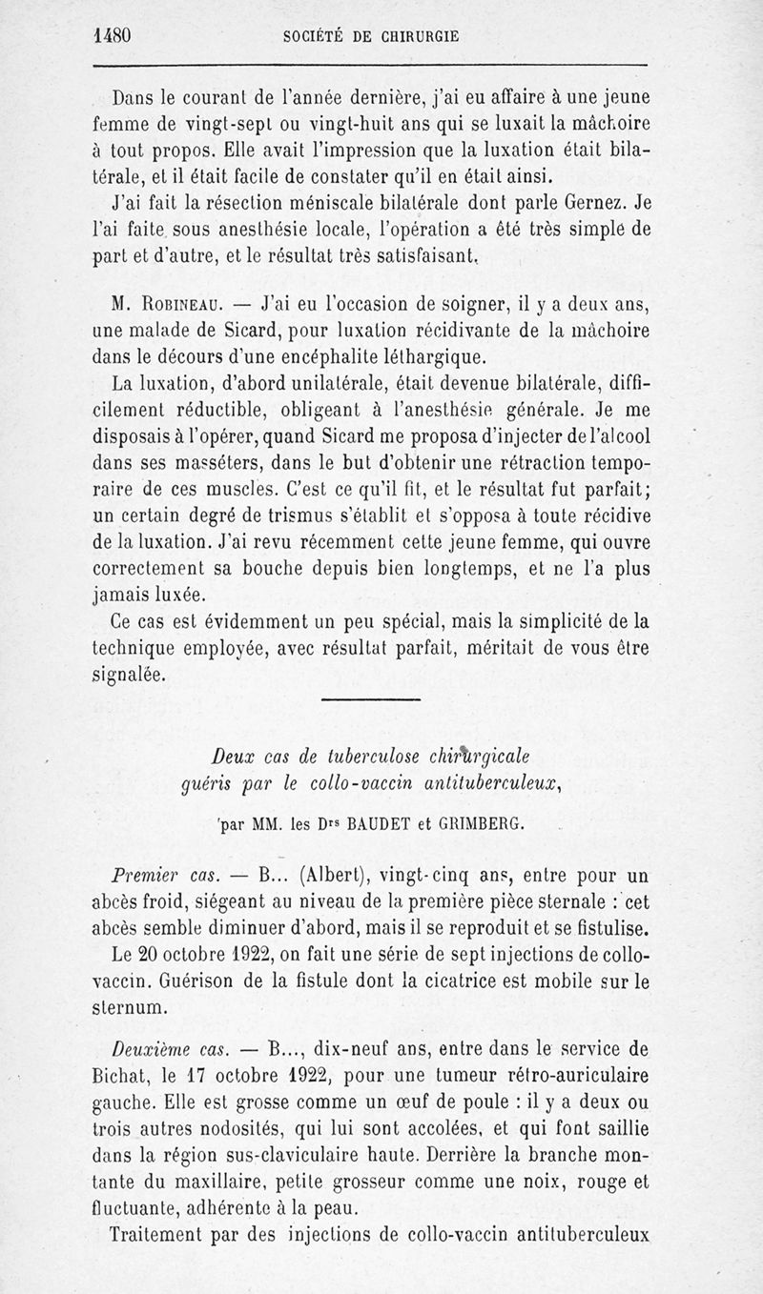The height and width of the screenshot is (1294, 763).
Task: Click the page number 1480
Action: pyautogui.click(x=113, y=36)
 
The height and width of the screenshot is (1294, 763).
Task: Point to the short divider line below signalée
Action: pyautogui.click(x=371, y=701)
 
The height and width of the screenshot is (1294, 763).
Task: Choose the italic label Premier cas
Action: pyautogui.click(x=166, y=875)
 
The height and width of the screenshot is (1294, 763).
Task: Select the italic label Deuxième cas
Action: pyautogui.click(x=167, y=1049)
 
